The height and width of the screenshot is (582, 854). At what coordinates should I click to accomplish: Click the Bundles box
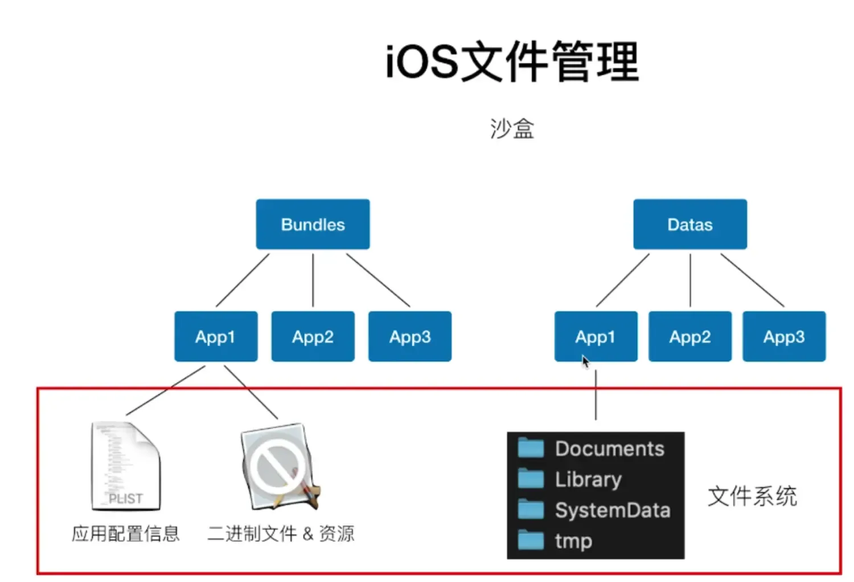coord(313,224)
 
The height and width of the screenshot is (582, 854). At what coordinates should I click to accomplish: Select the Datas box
coord(689,224)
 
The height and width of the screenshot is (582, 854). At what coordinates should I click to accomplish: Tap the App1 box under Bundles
coord(215,336)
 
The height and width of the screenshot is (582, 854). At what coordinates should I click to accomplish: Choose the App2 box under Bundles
coord(313,336)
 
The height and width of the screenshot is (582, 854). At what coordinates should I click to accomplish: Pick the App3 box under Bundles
coord(409,336)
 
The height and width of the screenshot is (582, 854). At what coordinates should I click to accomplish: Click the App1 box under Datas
coord(595,336)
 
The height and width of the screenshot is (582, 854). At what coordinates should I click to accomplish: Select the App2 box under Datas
coord(689,336)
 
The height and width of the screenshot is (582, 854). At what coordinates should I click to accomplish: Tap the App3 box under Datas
coord(783,336)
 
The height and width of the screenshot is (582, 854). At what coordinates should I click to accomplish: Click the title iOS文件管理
coord(512,61)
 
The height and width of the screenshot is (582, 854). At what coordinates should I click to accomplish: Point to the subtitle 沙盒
coord(512,129)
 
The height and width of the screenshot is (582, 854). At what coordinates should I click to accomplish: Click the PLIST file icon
coord(126,466)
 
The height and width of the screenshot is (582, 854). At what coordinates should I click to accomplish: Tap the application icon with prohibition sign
coord(280,466)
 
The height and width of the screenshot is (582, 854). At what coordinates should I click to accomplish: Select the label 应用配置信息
coord(126,534)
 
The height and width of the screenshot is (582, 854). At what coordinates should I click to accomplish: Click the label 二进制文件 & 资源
coord(281,534)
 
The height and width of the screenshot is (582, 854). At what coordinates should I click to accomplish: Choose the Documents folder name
coord(609,449)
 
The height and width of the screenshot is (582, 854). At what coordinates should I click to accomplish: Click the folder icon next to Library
coord(531,478)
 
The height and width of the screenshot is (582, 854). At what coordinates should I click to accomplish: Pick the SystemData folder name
coord(612,510)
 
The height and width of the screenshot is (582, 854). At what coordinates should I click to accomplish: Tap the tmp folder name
coord(573,541)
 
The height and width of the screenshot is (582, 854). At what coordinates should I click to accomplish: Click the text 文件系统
coord(752,496)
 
